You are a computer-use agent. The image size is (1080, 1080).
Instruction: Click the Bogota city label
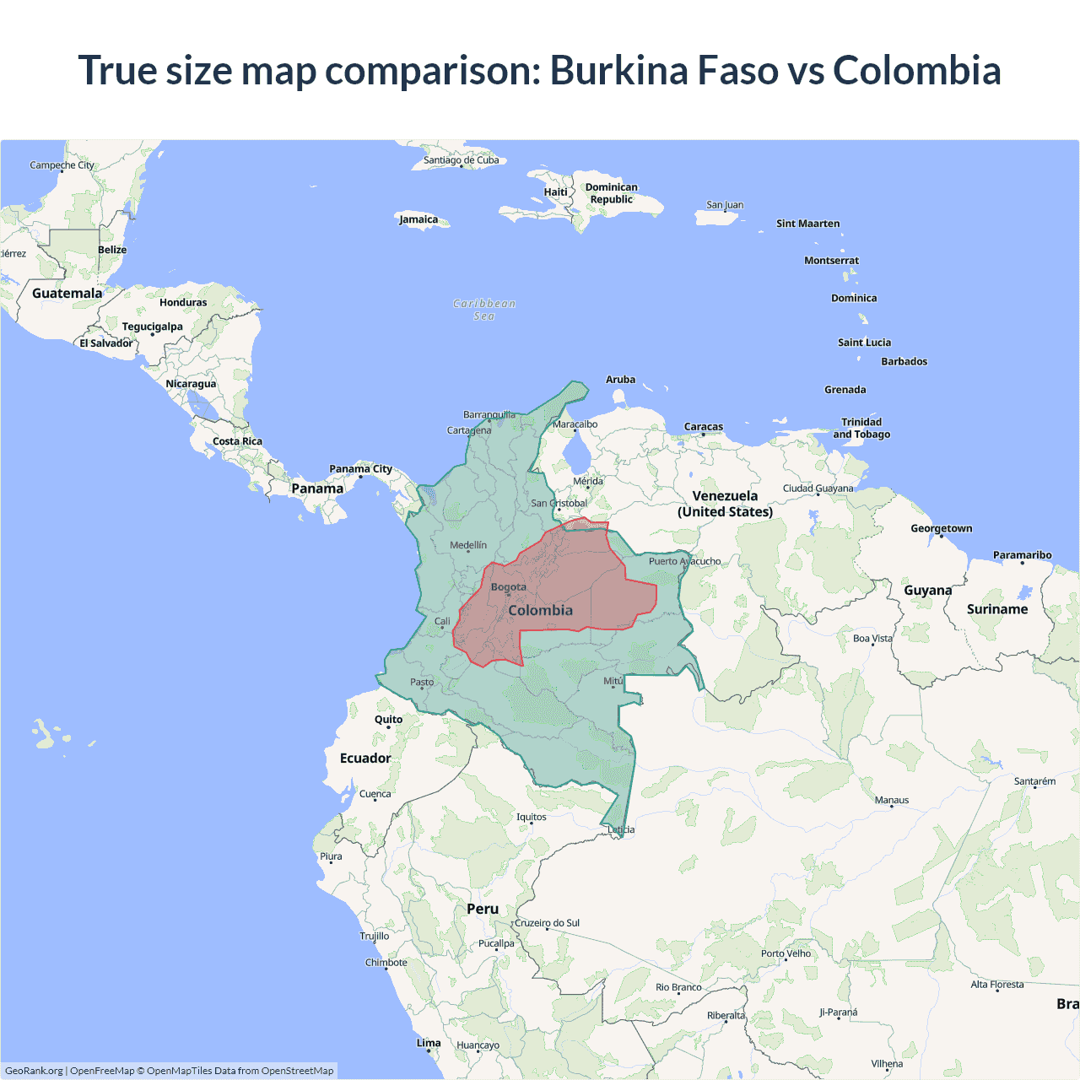508,587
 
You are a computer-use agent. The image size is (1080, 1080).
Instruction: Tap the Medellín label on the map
468,545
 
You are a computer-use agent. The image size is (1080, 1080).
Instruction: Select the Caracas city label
704,427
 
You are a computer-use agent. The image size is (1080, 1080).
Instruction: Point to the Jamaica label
418,219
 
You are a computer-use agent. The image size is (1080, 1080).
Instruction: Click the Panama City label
360,469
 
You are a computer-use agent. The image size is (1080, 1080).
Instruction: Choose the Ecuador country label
365,758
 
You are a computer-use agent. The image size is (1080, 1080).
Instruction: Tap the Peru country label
483,909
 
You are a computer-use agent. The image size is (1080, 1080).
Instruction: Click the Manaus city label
892,800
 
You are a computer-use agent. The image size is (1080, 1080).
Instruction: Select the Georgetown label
941,528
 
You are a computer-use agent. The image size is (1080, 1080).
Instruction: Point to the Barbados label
904,361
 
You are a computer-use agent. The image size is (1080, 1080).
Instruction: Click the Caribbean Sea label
484,310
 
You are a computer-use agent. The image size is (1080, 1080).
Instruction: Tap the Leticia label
621,829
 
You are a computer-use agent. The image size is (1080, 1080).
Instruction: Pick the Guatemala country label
67,293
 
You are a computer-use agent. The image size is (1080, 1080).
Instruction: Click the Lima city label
429,1043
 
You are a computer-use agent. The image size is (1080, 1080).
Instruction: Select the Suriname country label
997,609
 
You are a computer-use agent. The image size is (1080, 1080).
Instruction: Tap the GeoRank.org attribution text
34,1071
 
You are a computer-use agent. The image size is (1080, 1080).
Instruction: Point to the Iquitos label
532,817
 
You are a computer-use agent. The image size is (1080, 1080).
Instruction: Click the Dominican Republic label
612,193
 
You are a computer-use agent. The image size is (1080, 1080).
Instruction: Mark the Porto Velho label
786,953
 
